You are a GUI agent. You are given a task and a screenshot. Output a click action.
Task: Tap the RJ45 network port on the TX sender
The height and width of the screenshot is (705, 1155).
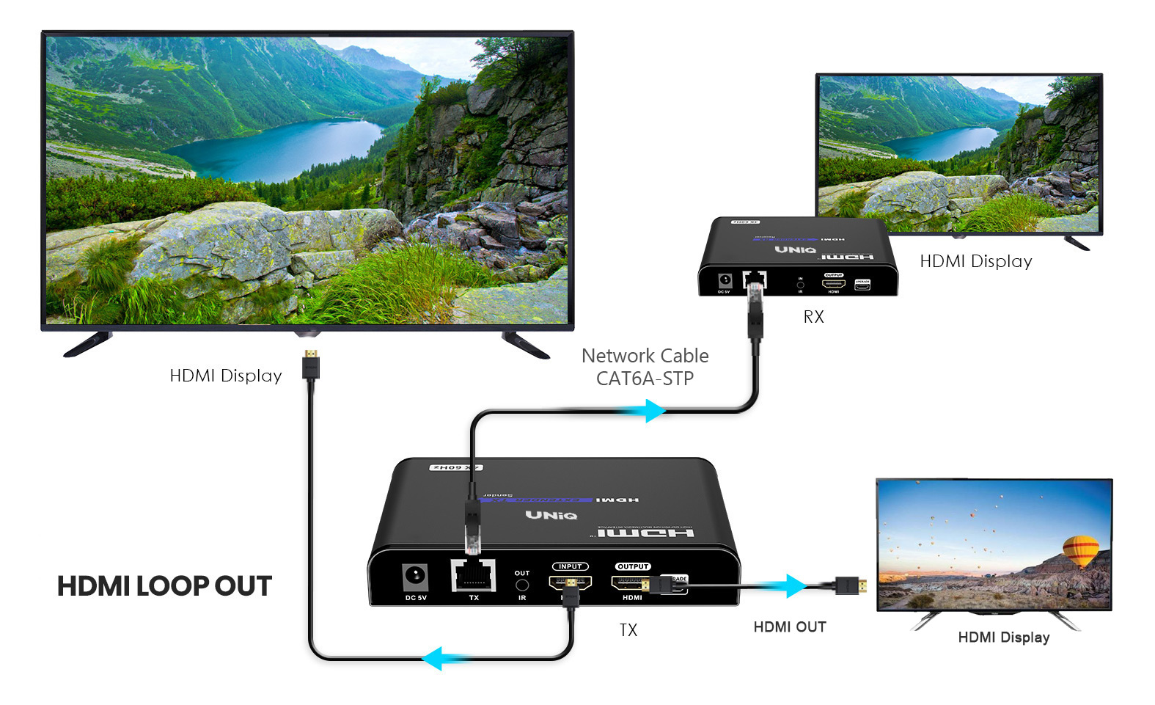click(473, 575)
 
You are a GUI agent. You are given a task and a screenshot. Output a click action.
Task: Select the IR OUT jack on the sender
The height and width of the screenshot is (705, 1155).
click(522, 585)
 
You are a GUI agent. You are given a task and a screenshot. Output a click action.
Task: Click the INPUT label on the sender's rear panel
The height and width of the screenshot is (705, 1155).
click(570, 566)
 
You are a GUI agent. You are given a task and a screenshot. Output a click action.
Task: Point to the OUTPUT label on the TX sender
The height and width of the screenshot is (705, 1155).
click(633, 566)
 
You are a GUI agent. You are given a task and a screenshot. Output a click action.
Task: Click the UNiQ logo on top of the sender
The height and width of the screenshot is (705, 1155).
click(551, 515)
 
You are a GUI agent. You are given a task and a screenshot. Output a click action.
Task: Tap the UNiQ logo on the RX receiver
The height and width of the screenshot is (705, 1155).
click(796, 250)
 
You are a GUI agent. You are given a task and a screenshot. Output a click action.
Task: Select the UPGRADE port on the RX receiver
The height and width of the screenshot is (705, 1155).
click(862, 285)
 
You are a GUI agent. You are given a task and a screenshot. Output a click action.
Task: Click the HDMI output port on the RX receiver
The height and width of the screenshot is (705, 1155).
click(834, 283)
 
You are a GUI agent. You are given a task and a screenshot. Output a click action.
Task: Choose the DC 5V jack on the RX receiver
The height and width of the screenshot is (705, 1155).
click(725, 280)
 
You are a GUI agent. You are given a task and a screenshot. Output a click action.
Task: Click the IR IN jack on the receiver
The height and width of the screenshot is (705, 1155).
click(800, 285)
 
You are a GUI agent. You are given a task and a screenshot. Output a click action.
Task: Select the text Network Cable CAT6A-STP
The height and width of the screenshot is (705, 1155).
click(645, 367)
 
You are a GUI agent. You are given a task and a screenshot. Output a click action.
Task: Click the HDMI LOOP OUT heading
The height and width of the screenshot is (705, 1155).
click(164, 586)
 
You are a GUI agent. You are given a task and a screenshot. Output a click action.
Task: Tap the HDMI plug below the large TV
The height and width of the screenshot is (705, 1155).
click(311, 364)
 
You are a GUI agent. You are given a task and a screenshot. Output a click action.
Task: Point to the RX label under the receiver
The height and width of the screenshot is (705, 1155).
click(813, 317)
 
